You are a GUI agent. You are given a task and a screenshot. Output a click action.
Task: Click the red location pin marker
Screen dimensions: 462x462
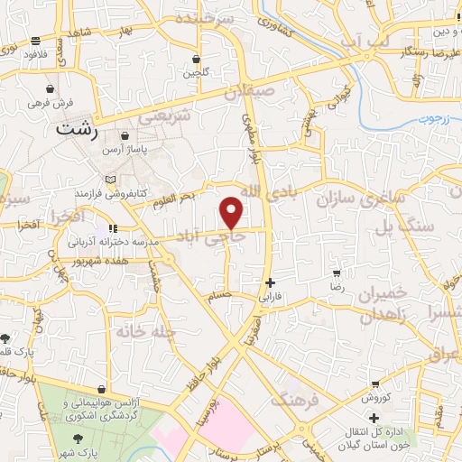[232, 212]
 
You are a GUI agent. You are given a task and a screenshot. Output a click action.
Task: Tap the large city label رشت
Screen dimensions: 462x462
[77, 129]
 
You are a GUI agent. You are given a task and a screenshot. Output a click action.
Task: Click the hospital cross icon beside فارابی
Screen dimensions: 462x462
[271, 282]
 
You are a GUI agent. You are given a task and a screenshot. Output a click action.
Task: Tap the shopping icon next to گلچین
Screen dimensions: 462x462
[196, 59]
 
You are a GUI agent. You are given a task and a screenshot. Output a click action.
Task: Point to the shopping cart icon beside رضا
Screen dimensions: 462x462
[337, 273]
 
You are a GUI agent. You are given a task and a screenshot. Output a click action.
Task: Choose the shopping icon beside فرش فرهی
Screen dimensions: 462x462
[48, 90]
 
